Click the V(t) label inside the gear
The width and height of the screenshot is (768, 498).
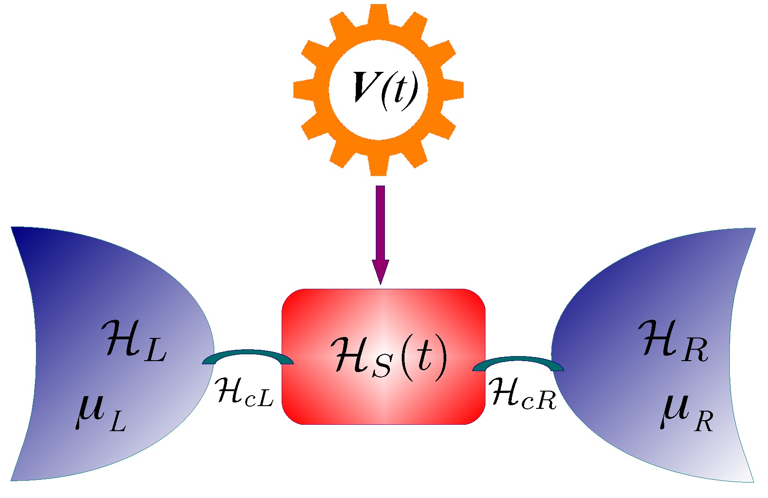[385, 89]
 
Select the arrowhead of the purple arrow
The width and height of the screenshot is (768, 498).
[380, 271]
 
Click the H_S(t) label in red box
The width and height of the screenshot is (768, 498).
[389, 357]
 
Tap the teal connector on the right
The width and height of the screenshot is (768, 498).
[519, 362]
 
